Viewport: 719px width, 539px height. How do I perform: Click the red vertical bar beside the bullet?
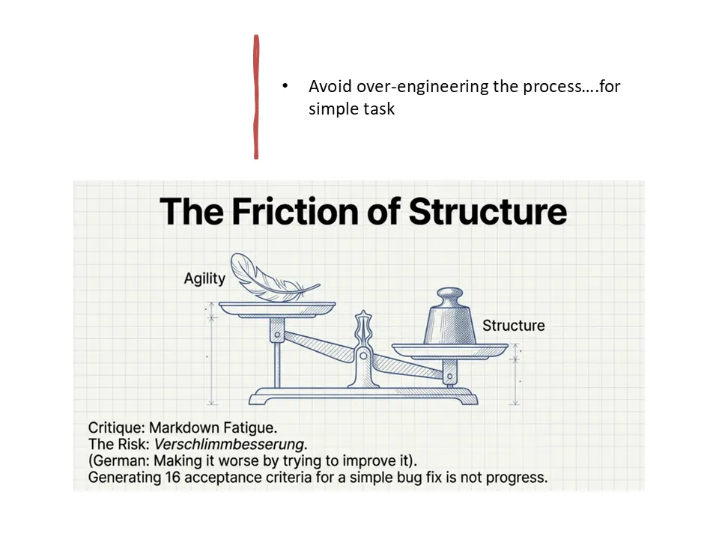click(256, 97)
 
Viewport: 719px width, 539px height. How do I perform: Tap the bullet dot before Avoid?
click(285, 86)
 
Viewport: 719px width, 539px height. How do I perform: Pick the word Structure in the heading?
click(487, 211)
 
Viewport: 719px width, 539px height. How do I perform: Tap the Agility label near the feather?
click(204, 278)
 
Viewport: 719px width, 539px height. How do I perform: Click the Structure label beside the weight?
click(513, 326)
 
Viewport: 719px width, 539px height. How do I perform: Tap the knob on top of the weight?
click(450, 293)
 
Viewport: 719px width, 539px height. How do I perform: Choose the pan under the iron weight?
click(450, 350)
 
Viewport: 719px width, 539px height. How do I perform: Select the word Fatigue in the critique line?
click(249, 428)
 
